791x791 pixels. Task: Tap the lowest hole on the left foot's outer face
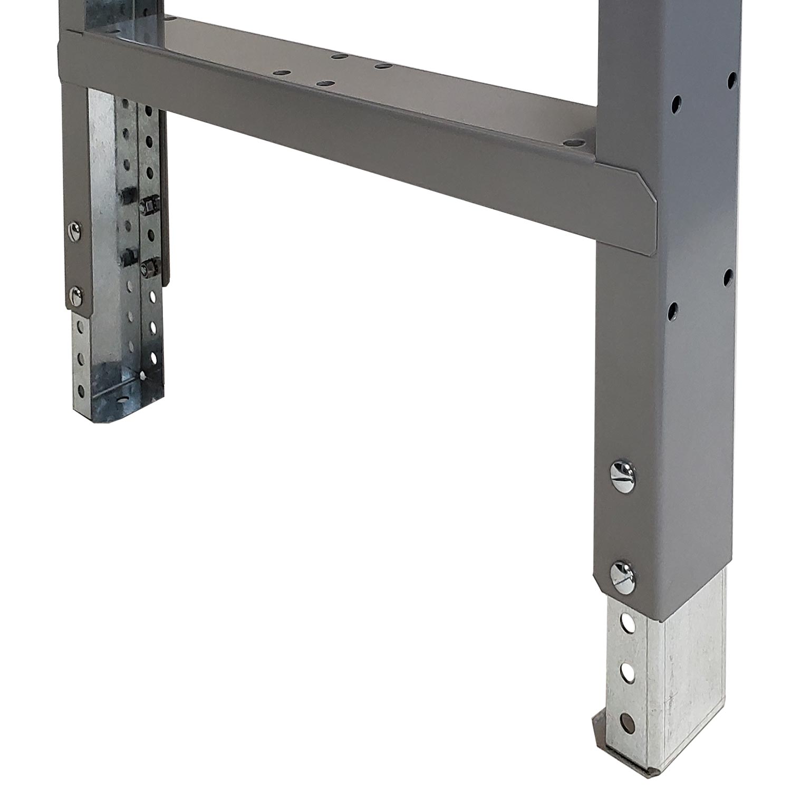tap(81, 391)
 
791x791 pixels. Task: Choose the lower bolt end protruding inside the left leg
tap(126, 258)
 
